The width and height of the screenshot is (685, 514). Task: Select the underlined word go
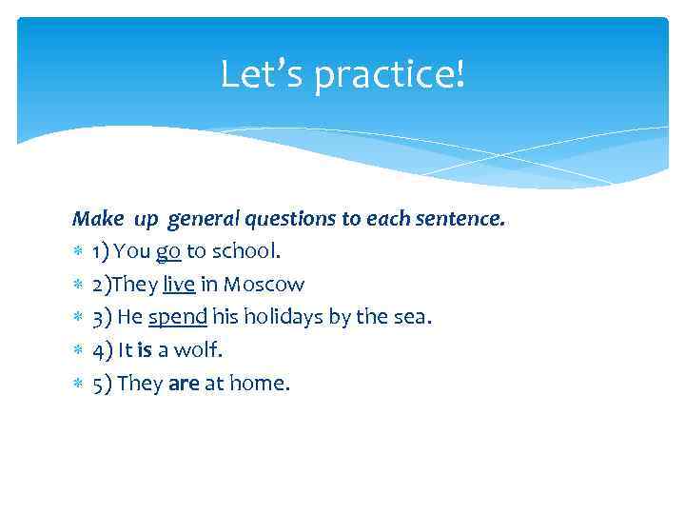click(168, 251)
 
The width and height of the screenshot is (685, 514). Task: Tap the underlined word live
click(179, 284)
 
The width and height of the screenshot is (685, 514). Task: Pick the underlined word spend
click(178, 317)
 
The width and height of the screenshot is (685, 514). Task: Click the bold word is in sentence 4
click(145, 349)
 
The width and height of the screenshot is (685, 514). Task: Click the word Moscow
click(264, 284)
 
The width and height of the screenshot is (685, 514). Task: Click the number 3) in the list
click(102, 317)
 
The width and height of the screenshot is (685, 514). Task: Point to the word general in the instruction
click(204, 219)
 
